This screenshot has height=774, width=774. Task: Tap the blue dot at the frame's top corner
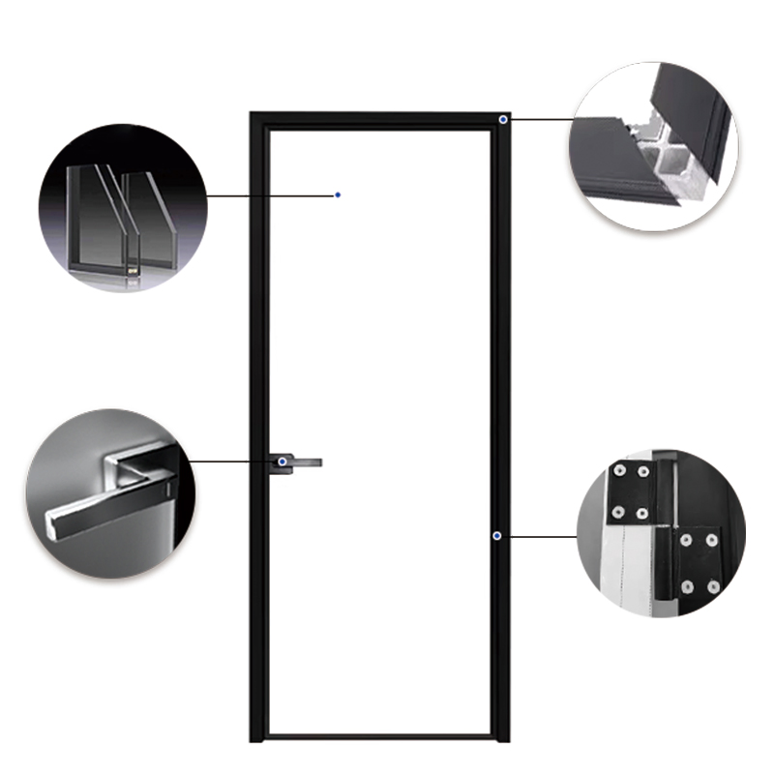[505, 119]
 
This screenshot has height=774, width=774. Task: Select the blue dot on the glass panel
[338, 194]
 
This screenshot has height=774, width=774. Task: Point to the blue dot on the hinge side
[496, 535]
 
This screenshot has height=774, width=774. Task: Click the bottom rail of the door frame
[377, 738]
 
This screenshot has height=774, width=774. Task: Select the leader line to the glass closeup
[271, 194]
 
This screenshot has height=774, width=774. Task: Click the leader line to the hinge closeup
[542, 535]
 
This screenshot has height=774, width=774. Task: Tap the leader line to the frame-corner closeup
[542, 119]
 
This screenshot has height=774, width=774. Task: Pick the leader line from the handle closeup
[232, 461]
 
